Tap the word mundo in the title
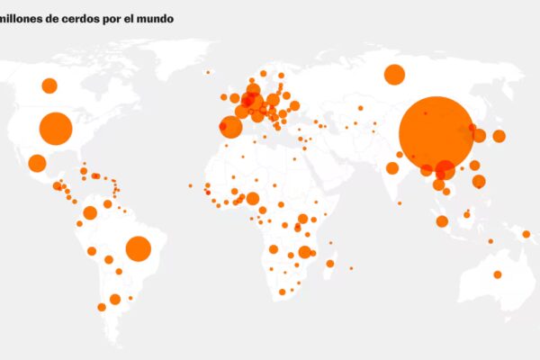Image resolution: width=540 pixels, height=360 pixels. tap(157, 18)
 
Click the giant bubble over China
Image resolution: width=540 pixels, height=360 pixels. tap(436, 133)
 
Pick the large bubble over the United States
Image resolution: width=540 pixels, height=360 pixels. tap(56, 129)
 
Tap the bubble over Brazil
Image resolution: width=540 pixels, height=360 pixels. tap(138, 248)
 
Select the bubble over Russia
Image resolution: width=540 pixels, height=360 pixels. tap(394, 75)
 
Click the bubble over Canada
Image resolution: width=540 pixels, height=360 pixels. tap(49, 85)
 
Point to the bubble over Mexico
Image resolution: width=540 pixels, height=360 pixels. tap(37, 163)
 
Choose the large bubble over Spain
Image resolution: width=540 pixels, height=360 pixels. tap(231, 127)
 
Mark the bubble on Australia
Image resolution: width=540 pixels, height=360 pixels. tap(497, 274)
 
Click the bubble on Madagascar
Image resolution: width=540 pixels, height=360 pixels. tap(330, 264)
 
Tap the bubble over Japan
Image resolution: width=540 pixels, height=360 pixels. tap(499, 136)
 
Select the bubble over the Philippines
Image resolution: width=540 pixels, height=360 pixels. tap(479, 181)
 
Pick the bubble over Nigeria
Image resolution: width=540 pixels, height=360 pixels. tap(253, 199)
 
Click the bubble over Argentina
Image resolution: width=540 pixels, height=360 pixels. tap(115, 299)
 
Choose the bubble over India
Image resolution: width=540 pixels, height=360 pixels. tap(392, 168)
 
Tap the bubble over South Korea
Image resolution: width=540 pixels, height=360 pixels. tap(480, 136)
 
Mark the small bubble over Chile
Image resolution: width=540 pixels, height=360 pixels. tap(102, 307)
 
